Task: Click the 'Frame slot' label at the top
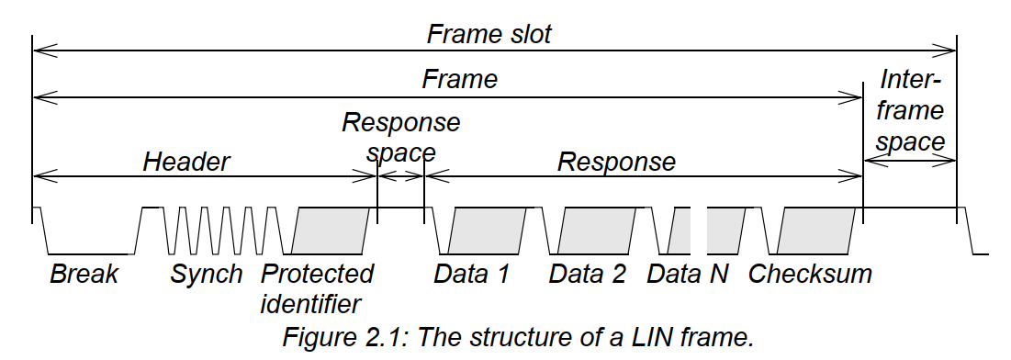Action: (x=489, y=34)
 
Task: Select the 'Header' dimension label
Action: (x=185, y=163)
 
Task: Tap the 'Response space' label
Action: (x=400, y=136)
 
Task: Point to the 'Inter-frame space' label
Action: (x=909, y=111)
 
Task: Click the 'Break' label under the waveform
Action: (x=84, y=275)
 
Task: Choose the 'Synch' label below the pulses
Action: (x=207, y=275)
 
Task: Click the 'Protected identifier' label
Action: (x=317, y=287)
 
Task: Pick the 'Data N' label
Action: (x=687, y=275)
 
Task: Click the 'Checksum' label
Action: (x=810, y=275)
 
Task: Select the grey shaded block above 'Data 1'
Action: (x=488, y=230)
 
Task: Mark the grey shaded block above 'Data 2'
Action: (x=597, y=230)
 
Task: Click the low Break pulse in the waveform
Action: (x=87, y=252)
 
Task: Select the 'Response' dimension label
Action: (x=616, y=163)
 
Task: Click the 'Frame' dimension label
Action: (x=459, y=80)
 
